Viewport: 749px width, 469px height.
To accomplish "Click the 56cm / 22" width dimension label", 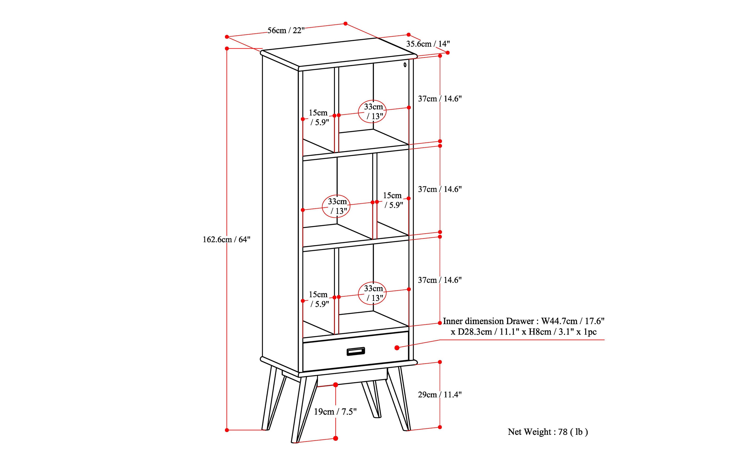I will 286,30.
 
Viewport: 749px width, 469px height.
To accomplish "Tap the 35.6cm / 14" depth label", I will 428,44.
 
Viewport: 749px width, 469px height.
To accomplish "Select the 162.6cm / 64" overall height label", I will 226,239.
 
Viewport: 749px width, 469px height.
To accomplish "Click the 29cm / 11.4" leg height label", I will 440,395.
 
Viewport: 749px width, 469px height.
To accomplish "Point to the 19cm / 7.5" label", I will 335,412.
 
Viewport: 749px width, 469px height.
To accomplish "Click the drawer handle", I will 356,351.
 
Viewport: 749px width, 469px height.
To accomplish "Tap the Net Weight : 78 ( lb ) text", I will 548,432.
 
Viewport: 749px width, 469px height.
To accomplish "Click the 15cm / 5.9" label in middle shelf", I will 393,200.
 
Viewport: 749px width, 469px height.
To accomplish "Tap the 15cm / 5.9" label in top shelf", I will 319,117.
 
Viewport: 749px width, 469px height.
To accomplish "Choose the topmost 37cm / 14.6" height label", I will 440,99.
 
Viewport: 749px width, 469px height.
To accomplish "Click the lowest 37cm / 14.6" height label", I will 440,280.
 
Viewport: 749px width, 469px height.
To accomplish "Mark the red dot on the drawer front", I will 397,348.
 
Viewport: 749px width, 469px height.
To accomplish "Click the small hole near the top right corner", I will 405,65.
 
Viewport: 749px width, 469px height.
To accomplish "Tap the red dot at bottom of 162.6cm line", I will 227,430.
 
